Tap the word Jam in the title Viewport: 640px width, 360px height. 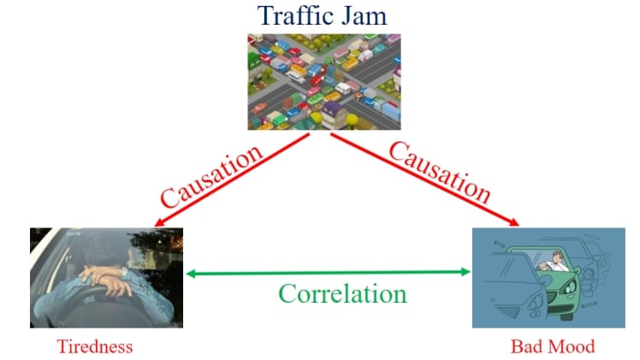pyautogui.click(x=361, y=16)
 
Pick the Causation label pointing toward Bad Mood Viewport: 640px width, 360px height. pyautogui.click(x=439, y=173)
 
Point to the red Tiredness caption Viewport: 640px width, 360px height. pyautogui.click(x=95, y=347)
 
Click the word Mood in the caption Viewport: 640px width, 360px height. pyautogui.click(x=570, y=347)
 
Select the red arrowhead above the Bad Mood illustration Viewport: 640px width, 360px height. pyautogui.click(x=514, y=224)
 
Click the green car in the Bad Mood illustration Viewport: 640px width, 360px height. pyautogui.click(x=560, y=282)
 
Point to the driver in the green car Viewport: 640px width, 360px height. pyautogui.click(x=558, y=260)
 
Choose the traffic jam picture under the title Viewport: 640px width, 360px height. pyautogui.click(x=324, y=81)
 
